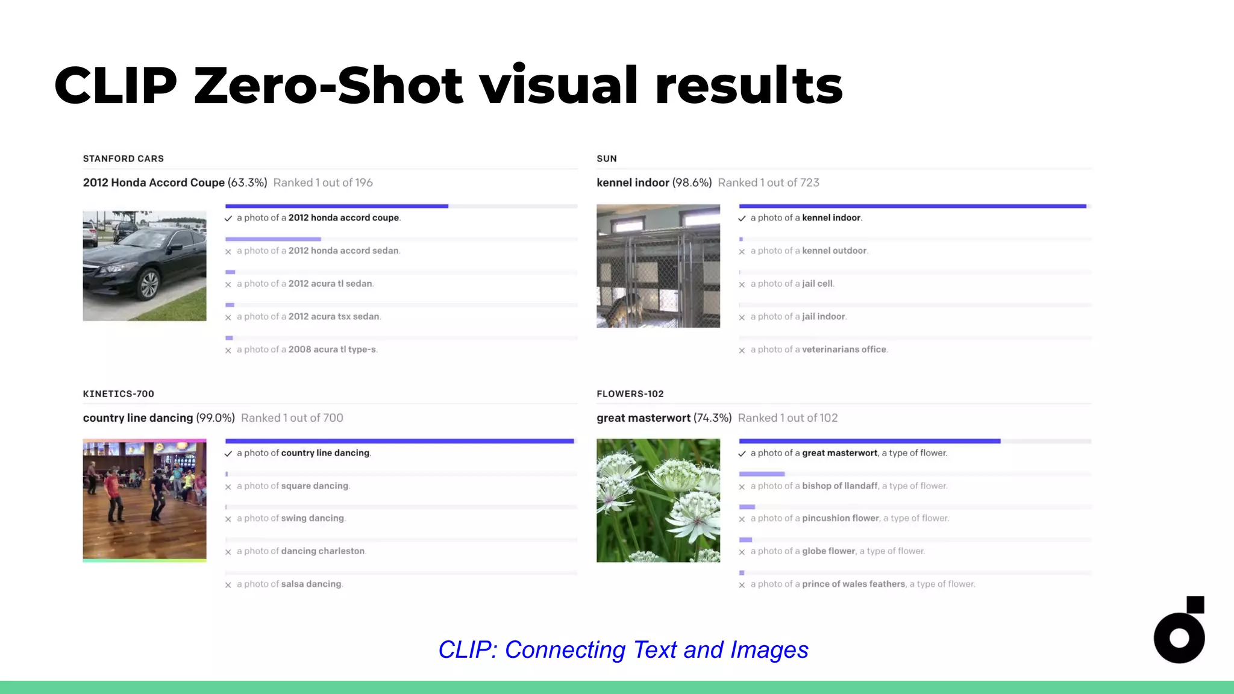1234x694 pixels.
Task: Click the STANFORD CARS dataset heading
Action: tap(123, 158)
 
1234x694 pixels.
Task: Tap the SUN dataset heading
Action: tap(606, 158)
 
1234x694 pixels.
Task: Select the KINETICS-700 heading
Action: tap(118, 394)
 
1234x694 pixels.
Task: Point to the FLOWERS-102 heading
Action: tap(630, 394)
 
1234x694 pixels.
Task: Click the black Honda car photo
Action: tap(144, 266)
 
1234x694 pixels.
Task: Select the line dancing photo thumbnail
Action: tap(144, 500)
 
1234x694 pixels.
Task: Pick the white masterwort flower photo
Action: tap(658, 500)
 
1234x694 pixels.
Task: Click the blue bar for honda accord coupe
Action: tap(336, 206)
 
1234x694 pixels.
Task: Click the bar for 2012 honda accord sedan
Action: tap(273, 239)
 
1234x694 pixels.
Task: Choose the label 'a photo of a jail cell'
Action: tap(792, 284)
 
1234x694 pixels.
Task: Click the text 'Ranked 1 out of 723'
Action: tap(768, 183)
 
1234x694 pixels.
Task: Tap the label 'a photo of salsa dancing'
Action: tap(289, 584)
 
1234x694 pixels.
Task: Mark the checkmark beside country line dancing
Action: tap(228, 454)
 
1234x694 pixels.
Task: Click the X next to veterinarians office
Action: tap(742, 351)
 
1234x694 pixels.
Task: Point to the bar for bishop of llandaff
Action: tap(762, 474)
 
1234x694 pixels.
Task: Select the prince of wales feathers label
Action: tap(862, 584)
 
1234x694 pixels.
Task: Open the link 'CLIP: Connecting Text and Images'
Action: tap(623, 649)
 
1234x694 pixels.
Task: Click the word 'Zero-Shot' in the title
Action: tap(328, 86)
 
